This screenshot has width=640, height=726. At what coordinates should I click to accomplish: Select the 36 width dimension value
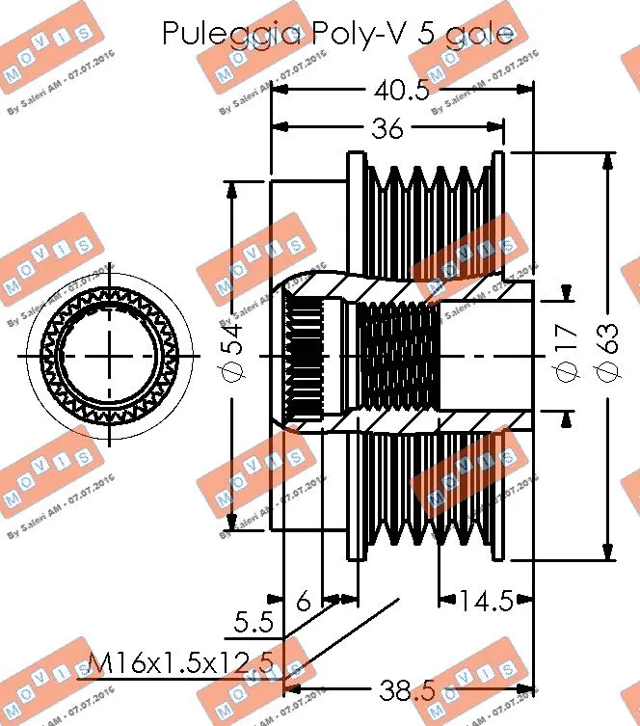(387, 128)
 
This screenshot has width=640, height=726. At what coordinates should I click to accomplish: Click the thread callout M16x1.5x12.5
(180, 663)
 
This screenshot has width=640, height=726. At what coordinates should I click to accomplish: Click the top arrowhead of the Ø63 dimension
(607, 160)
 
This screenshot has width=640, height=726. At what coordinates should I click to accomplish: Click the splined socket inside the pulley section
(303, 357)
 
